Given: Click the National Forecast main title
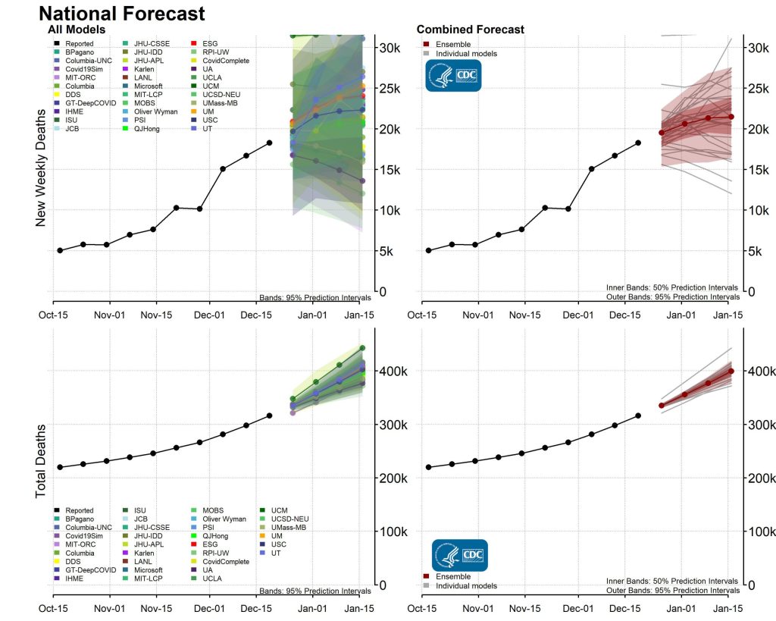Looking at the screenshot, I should (121, 13).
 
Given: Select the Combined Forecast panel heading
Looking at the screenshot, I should (470, 30).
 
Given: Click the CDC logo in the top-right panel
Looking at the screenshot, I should (452, 77).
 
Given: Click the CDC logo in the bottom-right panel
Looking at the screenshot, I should (459, 556).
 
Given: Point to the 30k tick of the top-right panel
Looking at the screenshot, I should (759, 48).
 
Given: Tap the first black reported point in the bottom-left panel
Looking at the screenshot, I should (59, 467).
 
